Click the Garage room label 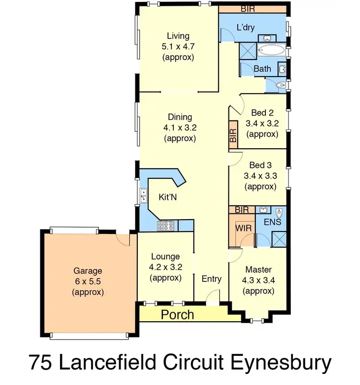point(88,271)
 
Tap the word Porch point(177,315)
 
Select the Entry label point(211,279)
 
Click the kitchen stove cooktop point(166,225)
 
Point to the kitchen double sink point(143,195)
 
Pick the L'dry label point(245,27)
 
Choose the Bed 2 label point(262,113)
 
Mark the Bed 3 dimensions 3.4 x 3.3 point(261,176)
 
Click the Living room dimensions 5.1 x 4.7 point(178,47)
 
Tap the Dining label point(180,117)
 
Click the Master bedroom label point(259,269)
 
